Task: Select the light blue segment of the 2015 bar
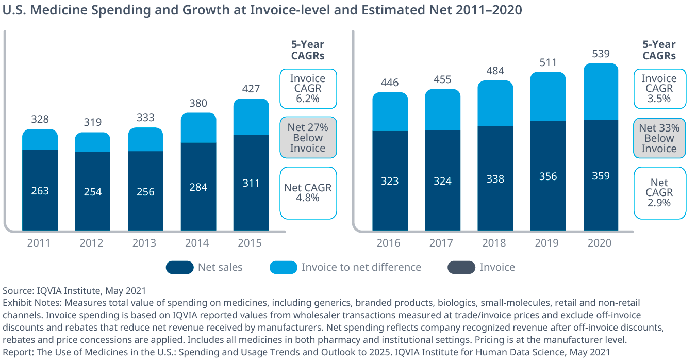pyautogui.click(x=251, y=117)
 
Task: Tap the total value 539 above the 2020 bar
pyautogui.click(x=601, y=54)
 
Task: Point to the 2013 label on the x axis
pyautogui.click(x=145, y=242)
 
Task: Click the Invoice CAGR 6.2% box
pyautogui.click(x=308, y=88)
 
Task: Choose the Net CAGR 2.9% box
pyautogui.click(x=660, y=193)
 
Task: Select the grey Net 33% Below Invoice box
pyautogui.click(x=659, y=138)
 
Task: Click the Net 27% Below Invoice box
pyautogui.click(x=308, y=138)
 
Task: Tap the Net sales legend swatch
pyautogui.click(x=179, y=267)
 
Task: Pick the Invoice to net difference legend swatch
pyautogui.click(x=283, y=267)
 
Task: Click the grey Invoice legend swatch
pyautogui.click(x=461, y=267)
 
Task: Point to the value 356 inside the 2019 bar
pyautogui.click(x=547, y=176)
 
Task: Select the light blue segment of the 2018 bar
pyautogui.click(x=495, y=104)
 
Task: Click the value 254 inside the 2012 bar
pyautogui.click(x=92, y=192)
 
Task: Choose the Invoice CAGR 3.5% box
pyautogui.click(x=659, y=88)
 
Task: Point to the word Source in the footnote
pyautogui.click(x=18, y=291)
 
